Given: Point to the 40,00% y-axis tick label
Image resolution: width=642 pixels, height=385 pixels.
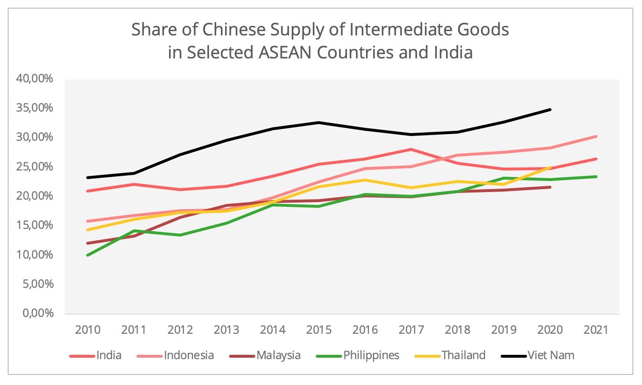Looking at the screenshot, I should [35, 79].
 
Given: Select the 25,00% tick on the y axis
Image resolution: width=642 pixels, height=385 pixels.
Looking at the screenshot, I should [35, 167].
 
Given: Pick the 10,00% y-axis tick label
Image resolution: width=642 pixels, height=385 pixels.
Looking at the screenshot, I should [35, 255].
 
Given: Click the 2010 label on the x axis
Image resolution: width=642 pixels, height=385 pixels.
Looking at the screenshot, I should [88, 330].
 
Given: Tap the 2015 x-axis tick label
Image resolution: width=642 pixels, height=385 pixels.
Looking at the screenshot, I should [319, 330].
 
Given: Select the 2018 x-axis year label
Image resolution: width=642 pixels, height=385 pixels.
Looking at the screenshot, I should [458, 330].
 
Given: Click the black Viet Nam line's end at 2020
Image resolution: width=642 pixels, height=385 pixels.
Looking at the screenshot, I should [550, 110].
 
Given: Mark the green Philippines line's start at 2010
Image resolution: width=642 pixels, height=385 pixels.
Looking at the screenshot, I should [88, 255].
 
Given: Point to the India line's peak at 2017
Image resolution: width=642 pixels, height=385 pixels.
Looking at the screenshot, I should [411, 149].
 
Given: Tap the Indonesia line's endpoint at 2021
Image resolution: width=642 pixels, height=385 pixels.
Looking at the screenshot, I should [596, 136].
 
